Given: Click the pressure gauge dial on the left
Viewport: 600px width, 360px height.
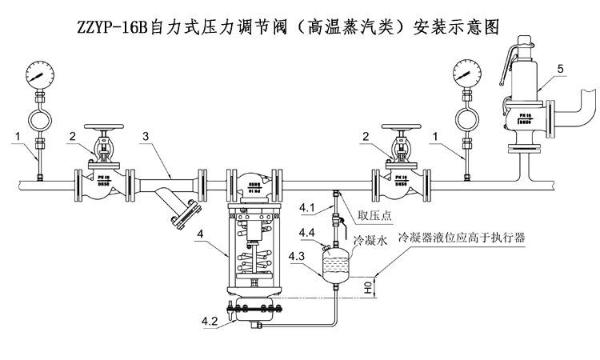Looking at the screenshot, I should [38, 74].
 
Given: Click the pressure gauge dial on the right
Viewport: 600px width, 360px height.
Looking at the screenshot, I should [466, 72].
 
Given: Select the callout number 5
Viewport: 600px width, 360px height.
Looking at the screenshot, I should [561, 69].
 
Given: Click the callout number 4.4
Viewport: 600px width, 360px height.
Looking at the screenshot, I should [306, 233].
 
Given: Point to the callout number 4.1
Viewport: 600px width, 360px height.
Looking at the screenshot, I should [308, 210].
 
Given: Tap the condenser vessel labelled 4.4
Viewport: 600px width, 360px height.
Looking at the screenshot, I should [335, 262].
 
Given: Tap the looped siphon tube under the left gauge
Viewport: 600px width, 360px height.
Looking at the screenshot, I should [38, 119].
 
